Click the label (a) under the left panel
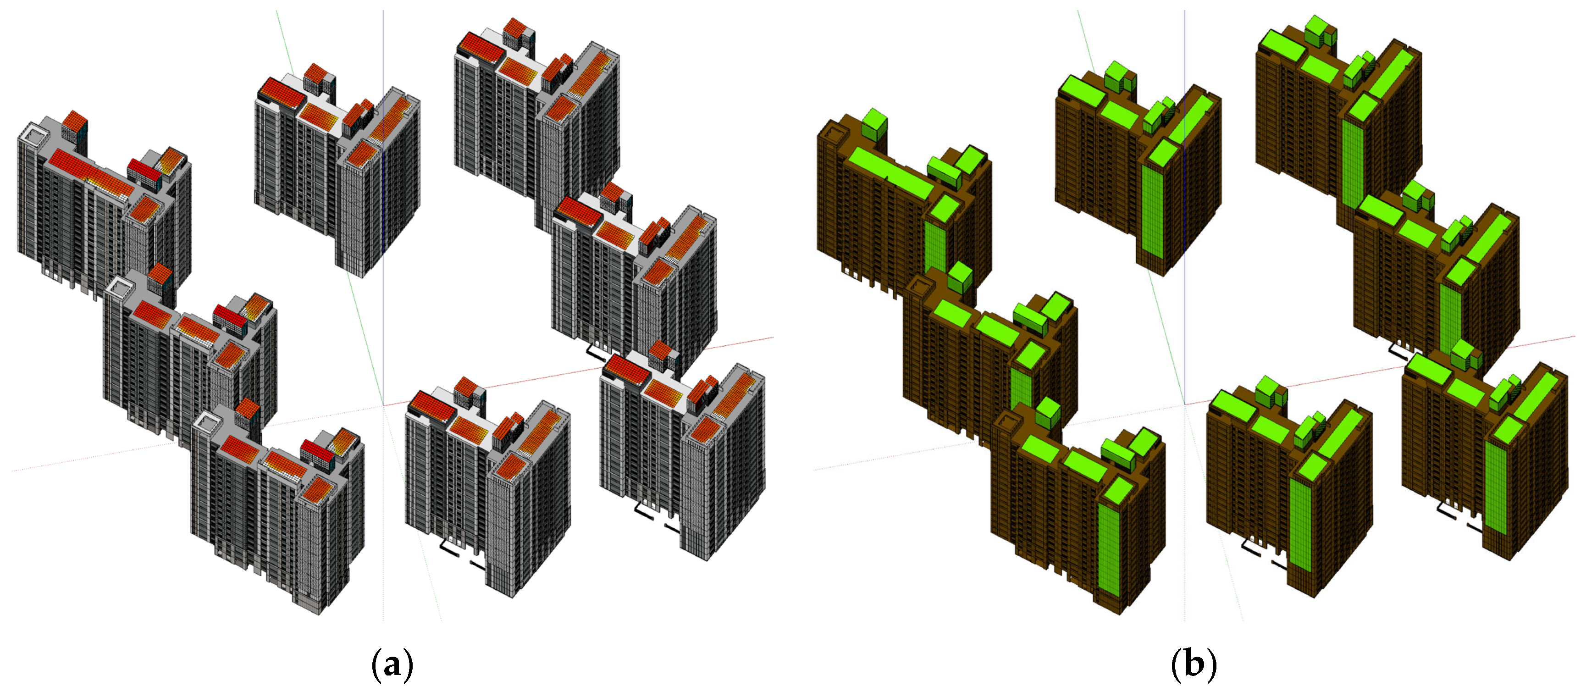point(392,664)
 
